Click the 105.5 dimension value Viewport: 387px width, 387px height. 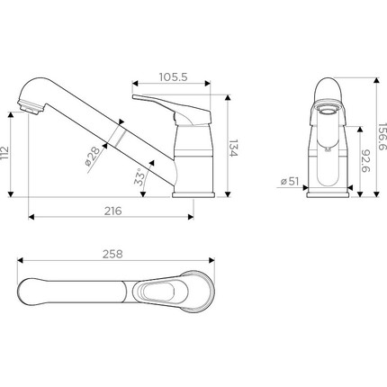173,77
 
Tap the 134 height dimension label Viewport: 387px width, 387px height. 233,148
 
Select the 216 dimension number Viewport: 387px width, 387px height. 113,211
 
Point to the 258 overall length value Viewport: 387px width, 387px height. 112,254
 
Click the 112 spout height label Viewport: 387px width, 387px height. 4,154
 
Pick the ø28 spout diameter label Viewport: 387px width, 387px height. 93,156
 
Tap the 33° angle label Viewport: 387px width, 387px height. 139,177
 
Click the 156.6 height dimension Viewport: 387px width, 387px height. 382,137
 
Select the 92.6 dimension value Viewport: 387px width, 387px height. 365,161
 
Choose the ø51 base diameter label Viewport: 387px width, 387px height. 290,181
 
